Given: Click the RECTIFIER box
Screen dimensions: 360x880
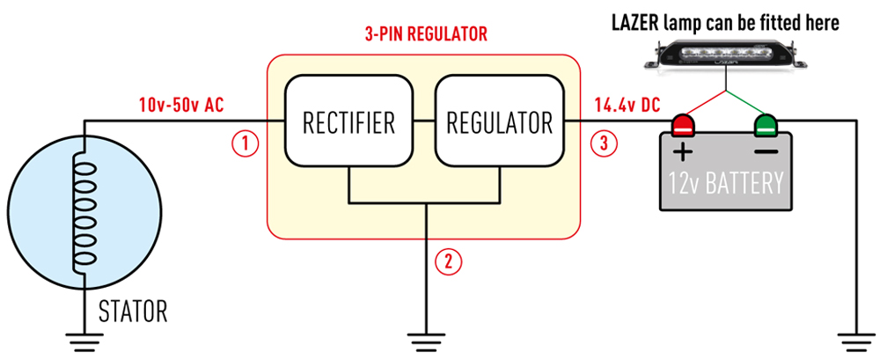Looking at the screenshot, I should click(x=349, y=121).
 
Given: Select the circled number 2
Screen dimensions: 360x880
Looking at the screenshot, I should click(x=449, y=260).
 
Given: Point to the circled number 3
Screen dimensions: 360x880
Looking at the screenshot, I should click(x=605, y=143).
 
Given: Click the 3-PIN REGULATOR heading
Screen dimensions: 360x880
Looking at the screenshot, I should click(x=426, y=36).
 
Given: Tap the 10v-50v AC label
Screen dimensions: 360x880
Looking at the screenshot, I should click(x=181, y=106).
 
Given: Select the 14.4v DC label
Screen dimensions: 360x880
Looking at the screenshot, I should click(x=627, y=106).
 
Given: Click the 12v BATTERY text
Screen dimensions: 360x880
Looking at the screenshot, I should click(x=726, y=185).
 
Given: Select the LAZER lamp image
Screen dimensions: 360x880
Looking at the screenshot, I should click(x=725, y=58).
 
